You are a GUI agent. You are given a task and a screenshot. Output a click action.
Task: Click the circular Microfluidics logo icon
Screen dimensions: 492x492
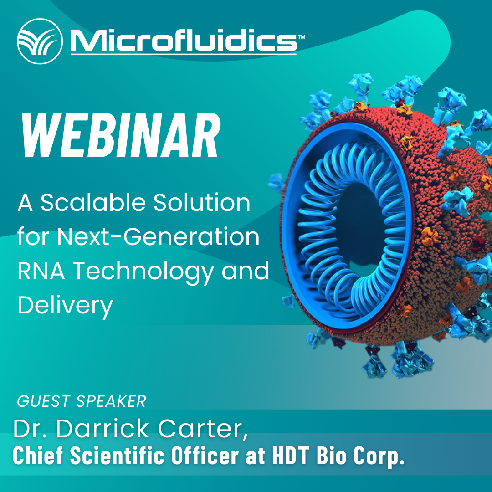tap(40, 41)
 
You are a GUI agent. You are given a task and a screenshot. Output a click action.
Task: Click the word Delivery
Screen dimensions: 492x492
tap(65, 306)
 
